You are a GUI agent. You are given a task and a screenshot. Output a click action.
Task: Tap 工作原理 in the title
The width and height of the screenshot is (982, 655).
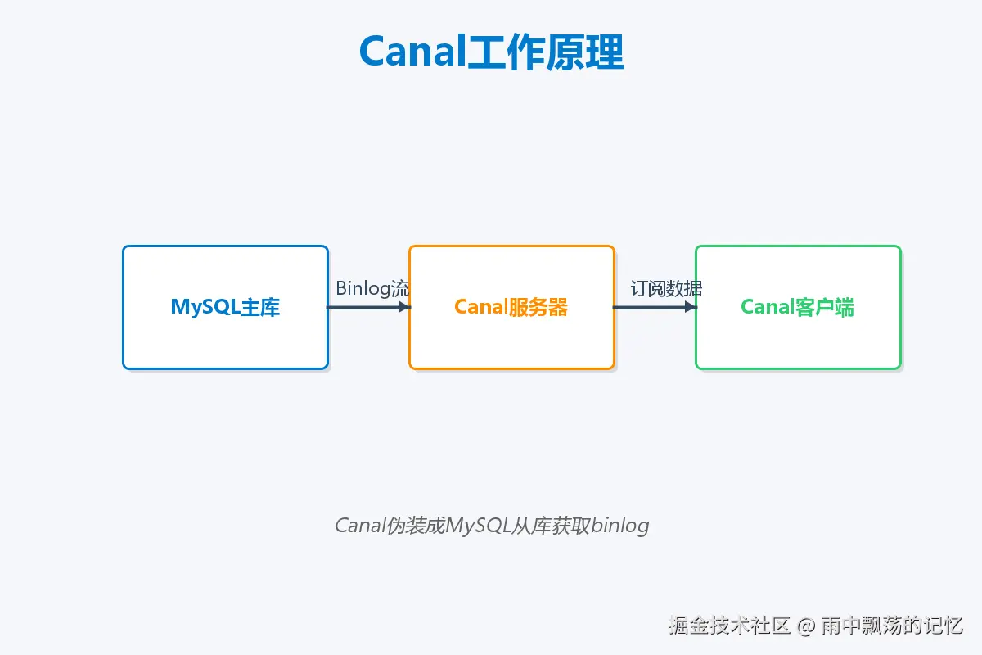tap(545, 52)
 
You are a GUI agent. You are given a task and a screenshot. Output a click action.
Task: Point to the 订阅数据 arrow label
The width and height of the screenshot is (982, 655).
tap(666, 288)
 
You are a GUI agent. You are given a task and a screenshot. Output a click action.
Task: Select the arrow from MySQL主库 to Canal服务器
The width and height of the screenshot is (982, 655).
tap(364, 307)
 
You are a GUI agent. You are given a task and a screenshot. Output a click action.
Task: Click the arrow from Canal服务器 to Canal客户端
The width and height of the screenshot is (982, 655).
tap(651, 307)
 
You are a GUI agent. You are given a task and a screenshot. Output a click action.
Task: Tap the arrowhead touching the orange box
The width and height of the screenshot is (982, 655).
tap(403, 307)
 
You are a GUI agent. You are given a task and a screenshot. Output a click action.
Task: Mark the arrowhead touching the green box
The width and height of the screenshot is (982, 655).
tap(690, 307)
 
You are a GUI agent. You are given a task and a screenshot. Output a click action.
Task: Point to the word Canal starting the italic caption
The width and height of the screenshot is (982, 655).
tap(359, 525)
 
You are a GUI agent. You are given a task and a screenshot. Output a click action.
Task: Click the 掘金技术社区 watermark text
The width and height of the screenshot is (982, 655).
tap(729, 626)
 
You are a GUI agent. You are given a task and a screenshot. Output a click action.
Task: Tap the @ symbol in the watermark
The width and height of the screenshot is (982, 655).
tap(806, 626)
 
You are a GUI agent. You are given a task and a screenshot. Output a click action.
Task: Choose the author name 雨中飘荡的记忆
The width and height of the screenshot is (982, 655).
tap(892, 626)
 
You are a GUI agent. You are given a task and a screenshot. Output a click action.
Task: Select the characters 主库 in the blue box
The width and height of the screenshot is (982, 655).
tap(260, 307)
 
